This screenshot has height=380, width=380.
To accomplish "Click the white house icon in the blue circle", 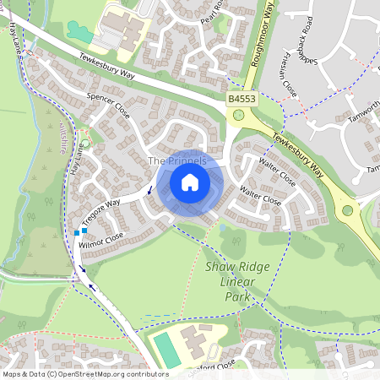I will pos(190,182).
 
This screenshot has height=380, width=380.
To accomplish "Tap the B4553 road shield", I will pos(242,100).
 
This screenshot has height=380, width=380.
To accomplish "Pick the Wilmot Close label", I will pos(101,240).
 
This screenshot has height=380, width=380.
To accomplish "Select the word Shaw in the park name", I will pos(218,266).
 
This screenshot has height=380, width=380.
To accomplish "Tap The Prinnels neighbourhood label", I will pos(176,160).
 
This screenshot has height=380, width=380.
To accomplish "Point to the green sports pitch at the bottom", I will pos(166,350).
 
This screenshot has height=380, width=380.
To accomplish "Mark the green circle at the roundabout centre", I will pos(346,211).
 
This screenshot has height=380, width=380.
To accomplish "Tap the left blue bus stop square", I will pos(77,232).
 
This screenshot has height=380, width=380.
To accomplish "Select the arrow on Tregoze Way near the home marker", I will pos(151,190).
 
